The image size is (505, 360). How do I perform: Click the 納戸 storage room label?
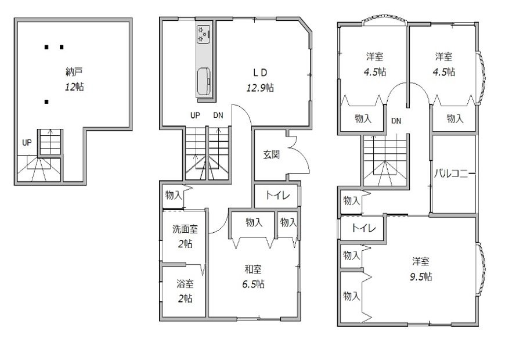click(74, 72)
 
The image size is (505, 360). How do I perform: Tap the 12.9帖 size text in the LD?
click(260, 88)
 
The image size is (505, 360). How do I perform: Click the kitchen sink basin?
click(204, 81)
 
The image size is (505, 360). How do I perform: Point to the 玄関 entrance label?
click(271, 154)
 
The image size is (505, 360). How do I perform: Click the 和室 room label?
click(253, 269)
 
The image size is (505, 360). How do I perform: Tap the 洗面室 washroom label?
click(185, 229)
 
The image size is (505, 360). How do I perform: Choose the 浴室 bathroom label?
click(185, 284)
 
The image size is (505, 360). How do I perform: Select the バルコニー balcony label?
click(454, 174)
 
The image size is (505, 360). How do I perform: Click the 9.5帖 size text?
click(421, 276)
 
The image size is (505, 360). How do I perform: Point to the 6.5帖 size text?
click(253, 285)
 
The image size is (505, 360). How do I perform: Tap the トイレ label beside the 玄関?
click(277, 195)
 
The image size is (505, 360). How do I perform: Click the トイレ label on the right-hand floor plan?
click(363, 228)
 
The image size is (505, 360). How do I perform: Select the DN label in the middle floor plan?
click(218, 116)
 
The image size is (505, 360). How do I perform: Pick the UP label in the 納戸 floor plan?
click(27, 142)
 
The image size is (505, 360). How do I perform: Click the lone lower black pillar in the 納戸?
click(46, 102)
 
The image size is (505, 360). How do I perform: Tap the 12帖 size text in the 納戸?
click(74, 87)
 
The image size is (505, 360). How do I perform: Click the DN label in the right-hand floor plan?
click(396, 121)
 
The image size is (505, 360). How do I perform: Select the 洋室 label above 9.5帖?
click(421, 261)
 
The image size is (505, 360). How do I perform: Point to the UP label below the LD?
click(195, 116)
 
